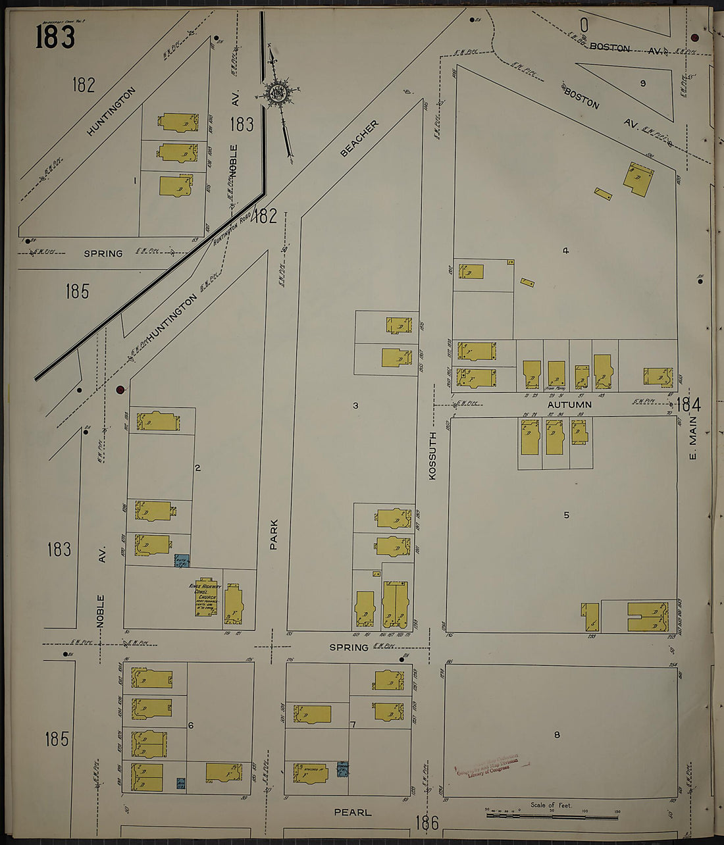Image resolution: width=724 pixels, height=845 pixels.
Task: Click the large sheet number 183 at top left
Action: point(55,37)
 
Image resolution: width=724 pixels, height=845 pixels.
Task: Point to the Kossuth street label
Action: point(432,455)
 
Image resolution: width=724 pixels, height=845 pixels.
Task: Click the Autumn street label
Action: point(570,405)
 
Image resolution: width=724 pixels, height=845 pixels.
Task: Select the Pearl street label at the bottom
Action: point(353,813)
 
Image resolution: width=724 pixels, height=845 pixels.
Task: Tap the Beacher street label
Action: point(359,138)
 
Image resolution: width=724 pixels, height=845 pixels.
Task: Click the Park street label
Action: point(273,534)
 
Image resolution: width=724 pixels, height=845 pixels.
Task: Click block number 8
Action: point(557,734)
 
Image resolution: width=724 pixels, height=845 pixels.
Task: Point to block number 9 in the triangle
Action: point(642,83)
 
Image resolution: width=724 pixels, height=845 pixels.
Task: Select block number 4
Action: point(565,250)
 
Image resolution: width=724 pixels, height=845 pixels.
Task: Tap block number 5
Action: point(566,515)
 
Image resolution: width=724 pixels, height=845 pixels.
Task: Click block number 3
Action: point(355,405)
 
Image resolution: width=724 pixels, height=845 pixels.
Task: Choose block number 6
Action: point(191,725)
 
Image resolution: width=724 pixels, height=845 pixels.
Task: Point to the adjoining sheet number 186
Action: point(427,822)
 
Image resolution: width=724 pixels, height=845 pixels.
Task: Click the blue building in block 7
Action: point(342,768)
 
